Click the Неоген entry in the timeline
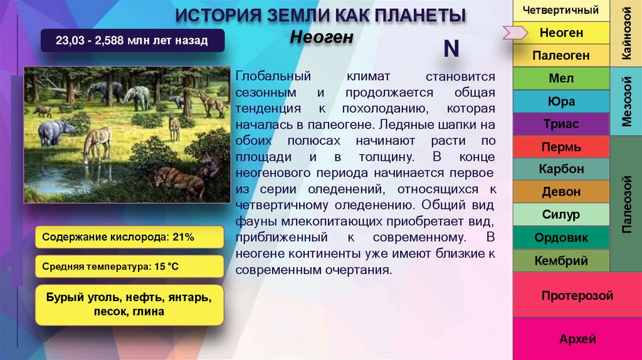click(x=561, y=32)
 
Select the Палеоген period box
click(x=561, y=55)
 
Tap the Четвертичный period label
click(x=561, y=10)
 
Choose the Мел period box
click(x=561, y=78)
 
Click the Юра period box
click(x=561, y=102)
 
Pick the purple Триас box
click(x=561, y=124)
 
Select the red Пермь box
click(x=561, y=147)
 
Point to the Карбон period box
click(x=561, y=169)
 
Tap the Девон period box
click(x=561, y=192)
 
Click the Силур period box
click(x=561, y=214)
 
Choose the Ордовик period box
click(x=561, y=238)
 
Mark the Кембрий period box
click(x=561, y=260)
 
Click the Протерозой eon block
click(x=577, y=295)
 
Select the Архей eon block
click(x=577, y=339)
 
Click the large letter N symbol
click(x=451, y=49)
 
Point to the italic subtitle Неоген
click(x=322, y=37)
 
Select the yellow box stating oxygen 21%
click(x=129, y=237)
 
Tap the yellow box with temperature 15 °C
click(x=129, y=267)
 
